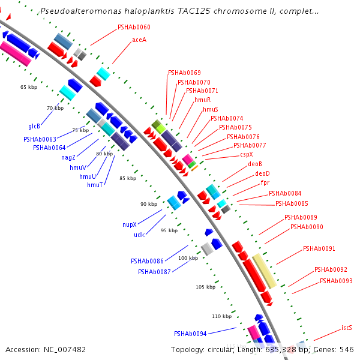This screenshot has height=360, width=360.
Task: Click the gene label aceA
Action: [139, 40]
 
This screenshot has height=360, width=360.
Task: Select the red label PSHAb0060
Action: [134, 27]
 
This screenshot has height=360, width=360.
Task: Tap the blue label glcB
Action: [34, 126]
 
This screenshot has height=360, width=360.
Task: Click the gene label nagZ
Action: [68, 157]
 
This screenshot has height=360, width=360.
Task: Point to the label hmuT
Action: [95, 185]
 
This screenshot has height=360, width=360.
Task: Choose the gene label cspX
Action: [247, 154]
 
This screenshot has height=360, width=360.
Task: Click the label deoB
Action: [255, 164]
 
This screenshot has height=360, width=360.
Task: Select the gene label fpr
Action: [265, 182]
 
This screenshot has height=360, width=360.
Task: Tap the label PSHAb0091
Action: [319, 248]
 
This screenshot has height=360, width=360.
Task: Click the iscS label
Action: [347, 328]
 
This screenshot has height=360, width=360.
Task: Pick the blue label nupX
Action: [130, 224]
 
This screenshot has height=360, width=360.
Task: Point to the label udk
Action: [139, 235]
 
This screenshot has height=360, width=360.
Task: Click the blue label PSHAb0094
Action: [190, 334]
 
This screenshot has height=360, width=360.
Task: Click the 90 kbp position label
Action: [149, 204]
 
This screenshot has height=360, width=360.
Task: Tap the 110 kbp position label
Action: [221, 316]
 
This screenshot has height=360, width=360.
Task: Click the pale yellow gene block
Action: [264, 271]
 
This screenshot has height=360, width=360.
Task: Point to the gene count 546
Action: [347, 349]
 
